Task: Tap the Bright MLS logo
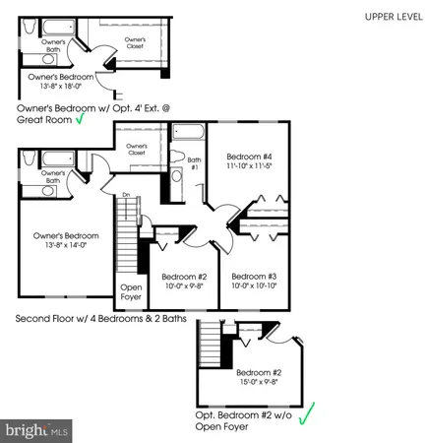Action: (x=37, y=430)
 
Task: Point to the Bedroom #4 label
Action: (x=247, y=157)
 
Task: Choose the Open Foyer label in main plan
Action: (x=131, y=291)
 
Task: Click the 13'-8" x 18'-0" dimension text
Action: (x=60, y=86)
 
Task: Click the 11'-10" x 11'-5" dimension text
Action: (x=247, y=167)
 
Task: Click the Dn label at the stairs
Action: (x=125, y=195)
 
